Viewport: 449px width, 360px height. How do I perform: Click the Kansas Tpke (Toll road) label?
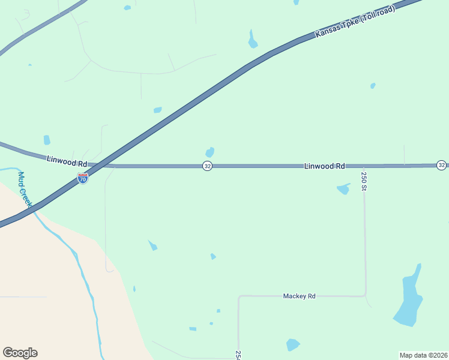pos(355,23)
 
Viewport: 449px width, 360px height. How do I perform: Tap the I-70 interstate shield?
pos(83,178)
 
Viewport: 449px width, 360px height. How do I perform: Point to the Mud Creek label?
pos(24,190)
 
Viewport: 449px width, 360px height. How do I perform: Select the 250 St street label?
pos(364,181)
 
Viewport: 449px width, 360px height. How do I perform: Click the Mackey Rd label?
pos(299,296)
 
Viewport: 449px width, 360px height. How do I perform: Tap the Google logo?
pos(20,353)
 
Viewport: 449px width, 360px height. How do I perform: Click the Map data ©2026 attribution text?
pos(423,355)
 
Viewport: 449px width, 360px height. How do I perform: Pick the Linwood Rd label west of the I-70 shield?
pos(67,163)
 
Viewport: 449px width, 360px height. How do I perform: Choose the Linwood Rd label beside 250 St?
pos(324,166)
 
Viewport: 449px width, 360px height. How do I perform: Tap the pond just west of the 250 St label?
pos(343,189)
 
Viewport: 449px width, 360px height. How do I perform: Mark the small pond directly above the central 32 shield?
pos(209,152)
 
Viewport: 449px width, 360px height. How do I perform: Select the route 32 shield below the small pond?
pos(206,166)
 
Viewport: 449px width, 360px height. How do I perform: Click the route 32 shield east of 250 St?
pos(441,165)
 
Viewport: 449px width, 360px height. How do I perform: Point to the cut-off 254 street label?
pos(238,355)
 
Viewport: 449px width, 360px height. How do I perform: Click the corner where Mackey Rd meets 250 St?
pos(365,295)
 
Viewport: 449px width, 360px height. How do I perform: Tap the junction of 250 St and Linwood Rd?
pos(364,166)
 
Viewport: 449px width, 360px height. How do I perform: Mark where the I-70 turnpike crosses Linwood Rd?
pos(103,165)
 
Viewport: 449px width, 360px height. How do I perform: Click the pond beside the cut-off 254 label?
pos(292,344)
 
